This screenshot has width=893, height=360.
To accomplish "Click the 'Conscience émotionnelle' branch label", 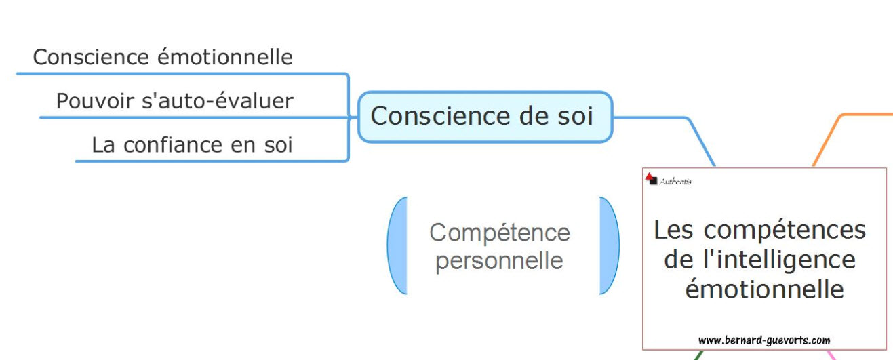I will [x=163, y=58].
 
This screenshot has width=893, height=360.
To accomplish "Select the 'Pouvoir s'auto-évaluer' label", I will [x=174, y=102].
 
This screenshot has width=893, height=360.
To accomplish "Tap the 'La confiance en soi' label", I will [x=192, y=145].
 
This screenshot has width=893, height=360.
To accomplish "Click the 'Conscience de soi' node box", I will [x=484, y=117].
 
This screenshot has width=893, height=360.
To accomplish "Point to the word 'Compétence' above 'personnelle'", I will [x=500, y=233].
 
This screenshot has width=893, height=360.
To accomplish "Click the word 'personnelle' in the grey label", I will [x=499, y=260].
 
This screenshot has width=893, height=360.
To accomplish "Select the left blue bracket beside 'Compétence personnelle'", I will [x=397, y=245].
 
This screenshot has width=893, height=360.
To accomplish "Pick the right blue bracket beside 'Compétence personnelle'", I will [x=610, y=245].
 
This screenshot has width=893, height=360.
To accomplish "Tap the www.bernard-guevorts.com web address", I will [x=764, y=340].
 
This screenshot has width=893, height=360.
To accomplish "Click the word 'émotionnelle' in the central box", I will [x=764, y=289].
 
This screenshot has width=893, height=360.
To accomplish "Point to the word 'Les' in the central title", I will [x=674, y=230].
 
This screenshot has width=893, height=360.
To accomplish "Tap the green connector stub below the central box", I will [x=698, y=355].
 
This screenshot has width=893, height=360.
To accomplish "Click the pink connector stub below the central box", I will [x=830, y=355].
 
